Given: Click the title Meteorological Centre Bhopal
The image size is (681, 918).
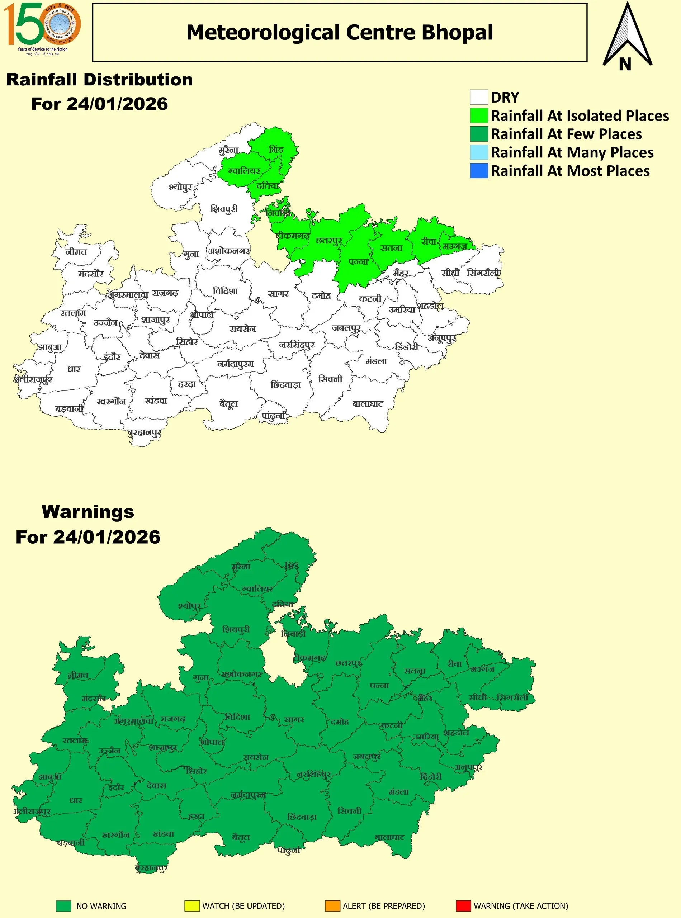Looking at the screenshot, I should [339, 32].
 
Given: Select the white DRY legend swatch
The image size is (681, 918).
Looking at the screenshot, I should [479, 97].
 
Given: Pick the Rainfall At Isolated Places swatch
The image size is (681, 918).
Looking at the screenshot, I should [479, 116].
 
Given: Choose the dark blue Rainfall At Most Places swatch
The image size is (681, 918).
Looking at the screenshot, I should [479, 171].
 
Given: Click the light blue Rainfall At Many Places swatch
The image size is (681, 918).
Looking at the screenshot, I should [479, 152].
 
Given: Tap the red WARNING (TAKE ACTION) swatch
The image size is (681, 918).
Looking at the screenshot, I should [463, 906].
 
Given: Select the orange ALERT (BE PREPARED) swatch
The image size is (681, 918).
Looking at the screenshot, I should [332, 906].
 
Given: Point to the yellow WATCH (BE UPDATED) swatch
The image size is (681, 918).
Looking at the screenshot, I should [192, 906].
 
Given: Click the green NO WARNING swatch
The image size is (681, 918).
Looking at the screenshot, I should [63, 906].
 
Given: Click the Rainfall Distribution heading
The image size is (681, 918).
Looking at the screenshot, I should [99, 80].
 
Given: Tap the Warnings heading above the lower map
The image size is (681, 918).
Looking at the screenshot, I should [88, 512].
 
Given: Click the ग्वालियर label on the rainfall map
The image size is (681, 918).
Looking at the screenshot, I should [244, 171].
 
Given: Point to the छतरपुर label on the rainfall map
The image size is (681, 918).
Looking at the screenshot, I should [328, 240].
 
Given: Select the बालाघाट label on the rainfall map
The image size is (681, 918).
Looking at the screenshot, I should [368, 403].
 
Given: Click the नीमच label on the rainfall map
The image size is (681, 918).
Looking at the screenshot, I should [76, 251].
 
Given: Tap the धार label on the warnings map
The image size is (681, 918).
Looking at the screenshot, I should [75, 800].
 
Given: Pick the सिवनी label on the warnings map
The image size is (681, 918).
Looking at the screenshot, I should [349, 811].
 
